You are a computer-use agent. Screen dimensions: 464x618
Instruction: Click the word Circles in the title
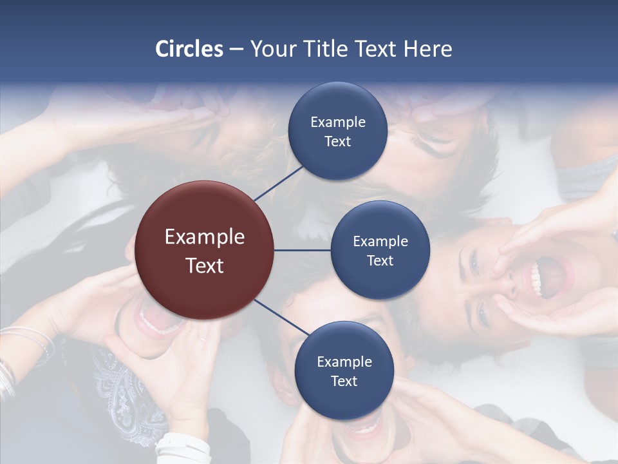189,49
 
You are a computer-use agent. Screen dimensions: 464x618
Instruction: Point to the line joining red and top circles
278,182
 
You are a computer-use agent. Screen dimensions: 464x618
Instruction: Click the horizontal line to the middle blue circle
303,249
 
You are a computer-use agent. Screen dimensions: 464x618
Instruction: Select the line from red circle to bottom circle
281,317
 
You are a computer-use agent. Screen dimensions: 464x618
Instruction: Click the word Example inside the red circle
205,237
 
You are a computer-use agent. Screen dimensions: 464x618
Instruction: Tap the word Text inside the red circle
205,266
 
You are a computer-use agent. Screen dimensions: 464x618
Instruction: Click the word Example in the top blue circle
337,122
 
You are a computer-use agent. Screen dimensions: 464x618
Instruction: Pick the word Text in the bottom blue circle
344,382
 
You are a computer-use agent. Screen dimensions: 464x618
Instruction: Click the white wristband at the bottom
183,446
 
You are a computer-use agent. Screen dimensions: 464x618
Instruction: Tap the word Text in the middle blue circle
380,261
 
